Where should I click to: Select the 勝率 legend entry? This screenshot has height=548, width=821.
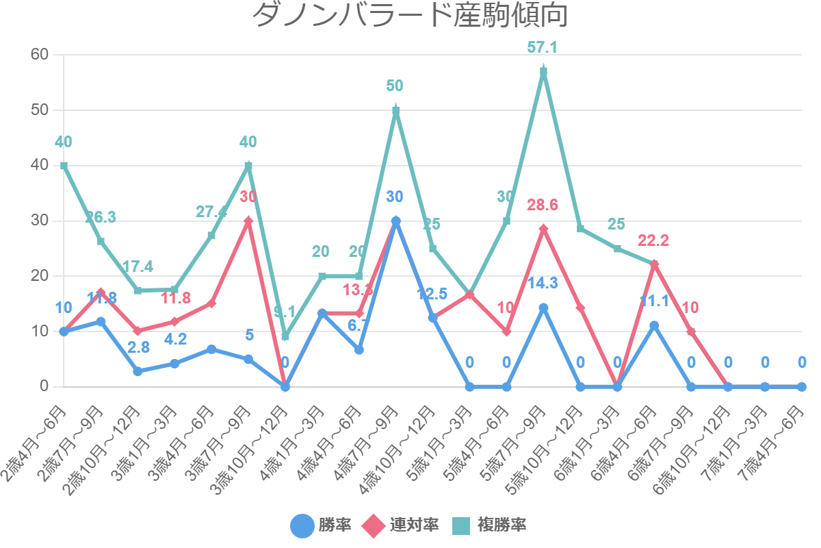pyautogui.click(x=321, y=525)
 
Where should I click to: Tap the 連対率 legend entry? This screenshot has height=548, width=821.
pyautogui.click(x=400, y=525)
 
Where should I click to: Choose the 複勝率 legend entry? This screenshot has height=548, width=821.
pyautogui.click(x=489, y=525)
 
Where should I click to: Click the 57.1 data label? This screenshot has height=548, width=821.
pyautogui.click(x=543, y=47)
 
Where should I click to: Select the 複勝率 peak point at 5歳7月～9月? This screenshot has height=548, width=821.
pyautogui.click(x=543, y=71)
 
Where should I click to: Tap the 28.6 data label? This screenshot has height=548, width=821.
pyautogui.click(x=543, y=205)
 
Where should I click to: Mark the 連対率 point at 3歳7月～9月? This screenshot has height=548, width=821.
pyautogui.click(x=248, y=221)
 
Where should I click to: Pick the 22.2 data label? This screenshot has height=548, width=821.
pyautogui.click(x=653, y=240)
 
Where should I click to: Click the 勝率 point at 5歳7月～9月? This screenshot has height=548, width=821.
pyautogui.click(x=543, y=308)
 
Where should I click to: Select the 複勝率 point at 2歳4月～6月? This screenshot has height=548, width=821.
pyautogui.click(x=64, y=166)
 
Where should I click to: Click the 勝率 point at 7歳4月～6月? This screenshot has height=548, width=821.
pyautogui.click(x=801, y=386)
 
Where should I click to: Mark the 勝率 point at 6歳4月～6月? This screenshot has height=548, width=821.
pyautogui.click(x=654, y=325)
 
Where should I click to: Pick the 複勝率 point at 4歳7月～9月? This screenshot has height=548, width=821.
pyautogui.click(x=395, y=110)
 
